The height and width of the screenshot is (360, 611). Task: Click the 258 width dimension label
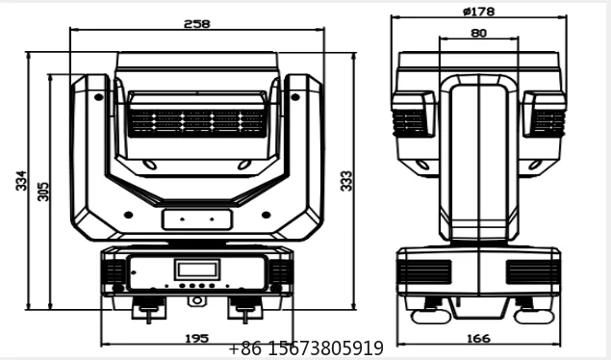point(197,24)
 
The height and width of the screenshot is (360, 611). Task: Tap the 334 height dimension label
point(21,180)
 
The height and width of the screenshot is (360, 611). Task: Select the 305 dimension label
point(43,192)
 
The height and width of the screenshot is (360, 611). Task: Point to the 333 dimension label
point(346,181)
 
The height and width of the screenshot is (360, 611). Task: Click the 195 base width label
point(197,338)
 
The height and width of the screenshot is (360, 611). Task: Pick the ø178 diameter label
point(479,12)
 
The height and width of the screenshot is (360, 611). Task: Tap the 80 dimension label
point(479,33)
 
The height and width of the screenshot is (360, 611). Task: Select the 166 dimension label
point(478,339)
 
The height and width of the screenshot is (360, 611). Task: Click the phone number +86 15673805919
point(306,347)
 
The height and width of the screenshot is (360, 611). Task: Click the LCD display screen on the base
point(197,270)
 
